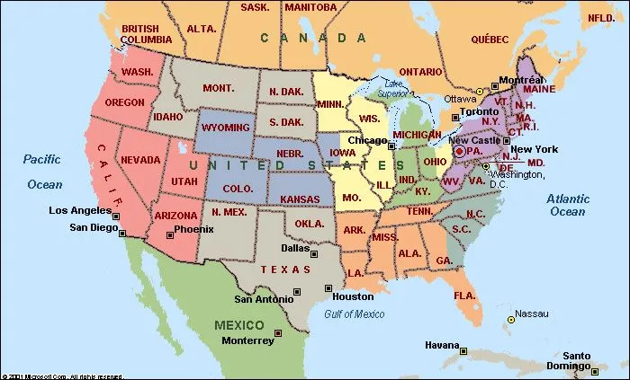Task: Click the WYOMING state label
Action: tap(225, 128)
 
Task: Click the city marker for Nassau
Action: tap(511, 318)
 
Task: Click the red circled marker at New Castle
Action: tap(458, 152)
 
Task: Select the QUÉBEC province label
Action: tap(490, 39)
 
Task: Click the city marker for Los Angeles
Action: tap(115, 217)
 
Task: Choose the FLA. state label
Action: tap(464, 296)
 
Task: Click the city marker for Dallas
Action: tap(312, 254)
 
